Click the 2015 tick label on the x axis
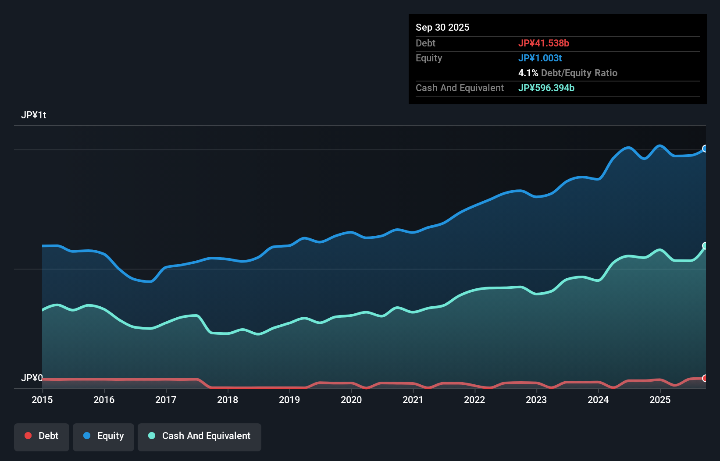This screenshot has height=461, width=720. tap(42, 400)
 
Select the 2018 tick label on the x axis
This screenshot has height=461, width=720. tap(228, 400)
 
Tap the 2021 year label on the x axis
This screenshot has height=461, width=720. tap(413, 400)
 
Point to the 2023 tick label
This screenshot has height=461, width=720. tap(536, 400)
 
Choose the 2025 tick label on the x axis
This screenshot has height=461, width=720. tap(660, 400)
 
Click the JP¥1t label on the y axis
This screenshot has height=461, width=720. tap(33, 115)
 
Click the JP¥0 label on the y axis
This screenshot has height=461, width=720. tap(32, 378)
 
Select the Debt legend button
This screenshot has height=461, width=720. tap(42, 436)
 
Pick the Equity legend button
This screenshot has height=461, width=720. tap(103, 436)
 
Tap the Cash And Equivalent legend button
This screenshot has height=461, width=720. tap(200, 436)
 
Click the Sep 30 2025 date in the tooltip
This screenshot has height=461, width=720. tap(442, 27)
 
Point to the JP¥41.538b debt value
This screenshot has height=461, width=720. tap(543, 43)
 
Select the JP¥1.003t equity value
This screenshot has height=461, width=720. tap(540, 58)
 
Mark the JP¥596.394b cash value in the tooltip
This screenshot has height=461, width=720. tap(546, 88)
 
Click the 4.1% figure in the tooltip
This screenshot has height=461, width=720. tap(528, 73)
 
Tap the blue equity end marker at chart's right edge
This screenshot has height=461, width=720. tap(705, 149)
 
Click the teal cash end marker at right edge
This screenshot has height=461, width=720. tap(705, 245)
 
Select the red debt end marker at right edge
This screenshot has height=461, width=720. tap(705, 378)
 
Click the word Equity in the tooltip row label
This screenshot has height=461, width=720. tap(428, 58)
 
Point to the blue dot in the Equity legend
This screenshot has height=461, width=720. tap(87, 436)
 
